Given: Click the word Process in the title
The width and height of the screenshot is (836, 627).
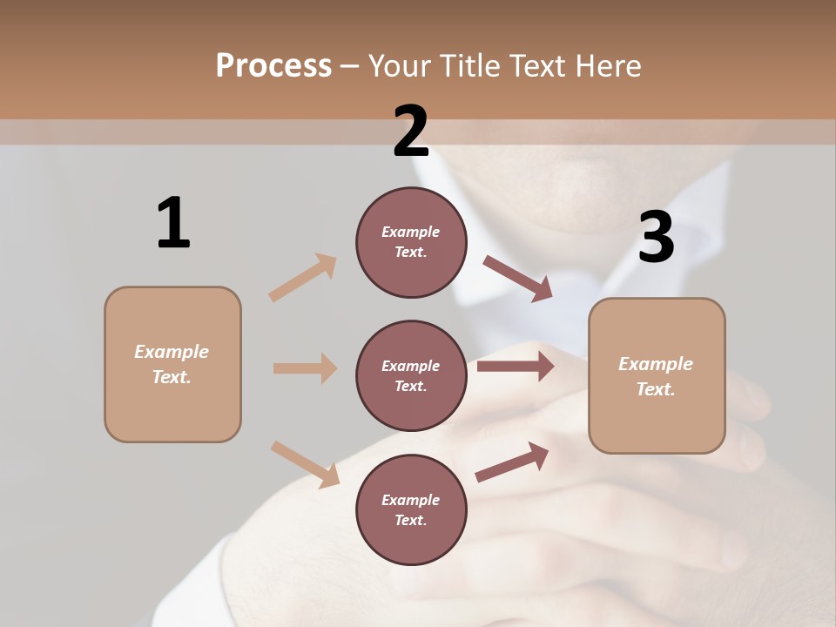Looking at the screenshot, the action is tap(273, 66).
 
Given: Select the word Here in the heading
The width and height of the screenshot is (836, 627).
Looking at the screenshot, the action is tap(608, 66).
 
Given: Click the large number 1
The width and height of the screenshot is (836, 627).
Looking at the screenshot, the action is tap(173, 223).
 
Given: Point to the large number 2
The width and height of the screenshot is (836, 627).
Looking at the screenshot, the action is tap(411, 131).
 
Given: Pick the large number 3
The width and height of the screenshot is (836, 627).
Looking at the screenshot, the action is tap(656, 238).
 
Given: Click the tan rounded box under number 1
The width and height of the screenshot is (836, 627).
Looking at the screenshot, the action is tap(172, 364).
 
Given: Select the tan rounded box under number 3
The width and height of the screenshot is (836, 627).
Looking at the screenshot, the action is tap(657, 376).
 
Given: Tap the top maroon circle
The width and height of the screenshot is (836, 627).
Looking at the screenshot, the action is tap(411, 242).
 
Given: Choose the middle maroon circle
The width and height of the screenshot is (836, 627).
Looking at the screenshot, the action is tap(411, 375).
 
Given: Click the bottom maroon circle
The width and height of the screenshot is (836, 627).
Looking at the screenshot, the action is tap(411, 509).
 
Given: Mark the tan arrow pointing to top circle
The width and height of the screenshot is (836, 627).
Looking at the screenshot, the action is tap(302, 278).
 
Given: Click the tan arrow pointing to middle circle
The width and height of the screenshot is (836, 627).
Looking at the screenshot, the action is tap(305, 368).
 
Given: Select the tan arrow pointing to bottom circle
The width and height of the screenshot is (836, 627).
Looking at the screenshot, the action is tap(305, 464).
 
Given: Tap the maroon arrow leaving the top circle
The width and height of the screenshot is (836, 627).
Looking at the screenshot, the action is tap(517, 279).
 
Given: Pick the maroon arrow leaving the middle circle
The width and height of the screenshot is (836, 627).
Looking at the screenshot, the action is tap(515, 367).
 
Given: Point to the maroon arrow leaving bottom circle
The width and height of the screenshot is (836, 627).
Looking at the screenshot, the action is tap(512, 462).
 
